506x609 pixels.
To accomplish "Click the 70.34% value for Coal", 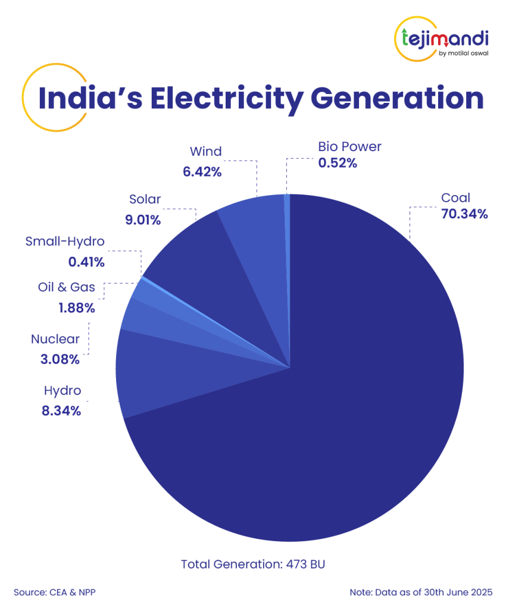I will tap(464, 214).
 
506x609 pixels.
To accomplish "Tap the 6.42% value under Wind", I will tap(202, 172).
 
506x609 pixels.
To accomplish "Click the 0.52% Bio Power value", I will tap(338, 162).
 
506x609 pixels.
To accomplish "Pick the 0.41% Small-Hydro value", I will tap(88, 262).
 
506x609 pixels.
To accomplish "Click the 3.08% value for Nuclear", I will tap(63, 359).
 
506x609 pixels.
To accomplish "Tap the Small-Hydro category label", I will tap(65, 241).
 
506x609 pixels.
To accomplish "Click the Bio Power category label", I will tap(349, 146).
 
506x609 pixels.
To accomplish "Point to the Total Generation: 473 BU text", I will tap(254, 564).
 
